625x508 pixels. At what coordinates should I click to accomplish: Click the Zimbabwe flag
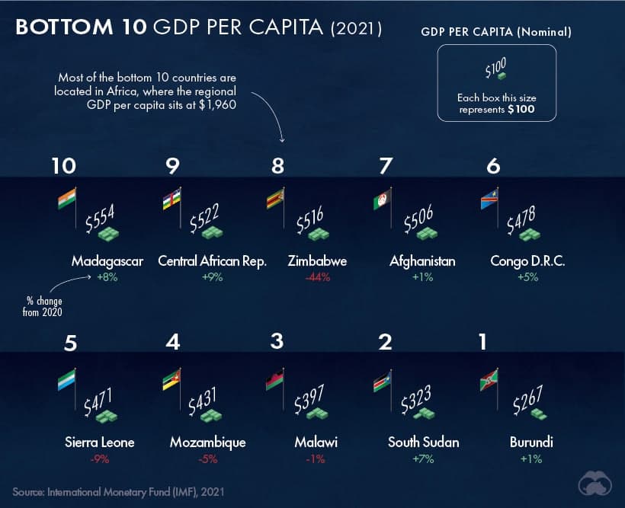point(275,199)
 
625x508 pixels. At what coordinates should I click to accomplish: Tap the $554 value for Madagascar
point(100,218)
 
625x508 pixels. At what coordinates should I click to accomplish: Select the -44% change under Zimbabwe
point(318,277)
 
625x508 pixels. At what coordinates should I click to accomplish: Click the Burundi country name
point(531,443)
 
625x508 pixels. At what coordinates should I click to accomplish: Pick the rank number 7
point(386,166)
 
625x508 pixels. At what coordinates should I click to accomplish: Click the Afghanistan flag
point(383,199)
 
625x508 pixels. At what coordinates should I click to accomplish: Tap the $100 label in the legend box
point(495,67)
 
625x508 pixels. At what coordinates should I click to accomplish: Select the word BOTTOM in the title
point(64,27)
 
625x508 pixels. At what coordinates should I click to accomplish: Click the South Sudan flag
point(383,381)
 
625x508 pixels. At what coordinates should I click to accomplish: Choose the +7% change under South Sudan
point(423,459)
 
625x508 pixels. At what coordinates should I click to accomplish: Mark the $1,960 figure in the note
point(218,105)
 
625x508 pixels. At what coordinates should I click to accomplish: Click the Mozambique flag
point(171,380)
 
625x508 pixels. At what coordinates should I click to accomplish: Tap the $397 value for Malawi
point(309,399)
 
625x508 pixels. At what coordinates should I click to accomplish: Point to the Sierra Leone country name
point(100,443)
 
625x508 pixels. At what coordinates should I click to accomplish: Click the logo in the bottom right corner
point(595,484)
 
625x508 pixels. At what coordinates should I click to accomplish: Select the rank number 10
point(64,166)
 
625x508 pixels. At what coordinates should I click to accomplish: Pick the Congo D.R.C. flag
point(489,199)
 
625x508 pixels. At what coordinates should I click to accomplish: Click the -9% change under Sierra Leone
point(100,459)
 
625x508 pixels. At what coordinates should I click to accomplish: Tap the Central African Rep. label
point(212,261)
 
